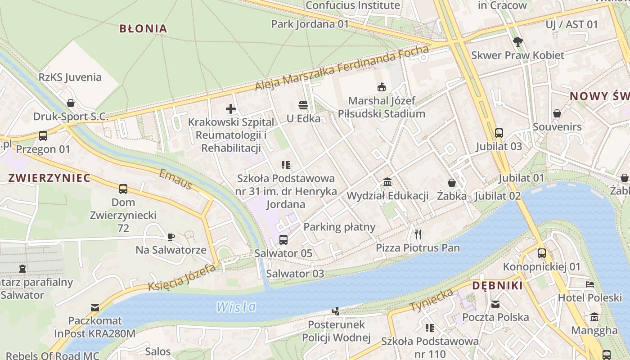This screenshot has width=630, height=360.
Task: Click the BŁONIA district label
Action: tap(143, 29)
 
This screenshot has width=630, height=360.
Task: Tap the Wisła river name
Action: tap(236, 307)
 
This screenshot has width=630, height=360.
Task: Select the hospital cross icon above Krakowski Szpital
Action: tap(230, 108)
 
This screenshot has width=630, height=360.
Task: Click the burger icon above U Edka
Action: tap(303, 105)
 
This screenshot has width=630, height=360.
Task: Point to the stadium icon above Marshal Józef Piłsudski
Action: tap(382, 86)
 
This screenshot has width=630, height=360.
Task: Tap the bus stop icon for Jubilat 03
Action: tap(499, 133)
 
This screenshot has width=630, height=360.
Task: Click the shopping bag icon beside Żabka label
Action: tap(451, 183)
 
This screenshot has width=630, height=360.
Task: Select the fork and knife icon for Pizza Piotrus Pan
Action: tap(418, 234)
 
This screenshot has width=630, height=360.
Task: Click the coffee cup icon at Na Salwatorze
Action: tap(171, 236)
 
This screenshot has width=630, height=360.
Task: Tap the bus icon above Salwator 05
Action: tap(283, 239)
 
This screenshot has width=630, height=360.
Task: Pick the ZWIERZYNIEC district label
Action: tap(49, 178)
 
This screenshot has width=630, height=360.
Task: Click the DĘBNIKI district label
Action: tap(497, 286)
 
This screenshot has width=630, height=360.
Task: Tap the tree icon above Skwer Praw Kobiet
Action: tap(517, 42)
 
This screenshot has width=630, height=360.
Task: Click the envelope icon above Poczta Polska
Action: tap(495, 304)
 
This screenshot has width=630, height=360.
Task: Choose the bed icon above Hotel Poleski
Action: tap(589, 284)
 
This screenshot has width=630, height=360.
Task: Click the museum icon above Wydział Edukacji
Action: tap(387, 182)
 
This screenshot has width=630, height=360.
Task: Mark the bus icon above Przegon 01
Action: tap(43, 135)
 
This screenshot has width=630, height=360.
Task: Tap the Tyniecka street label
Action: tap(431, 301)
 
